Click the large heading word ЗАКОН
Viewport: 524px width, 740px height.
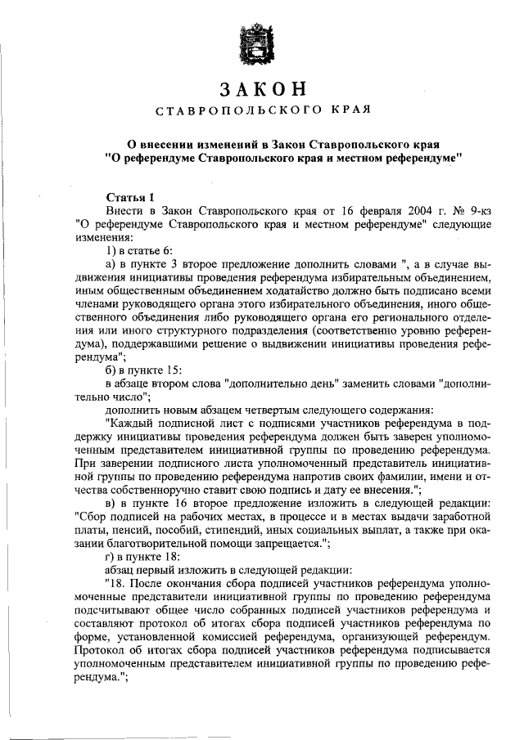262,89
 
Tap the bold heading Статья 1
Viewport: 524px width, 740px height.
130,197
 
